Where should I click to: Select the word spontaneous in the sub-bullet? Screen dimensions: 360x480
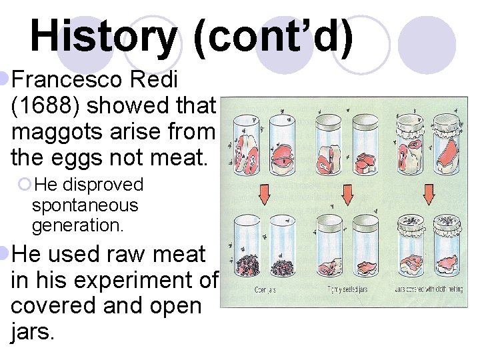pos(85,205)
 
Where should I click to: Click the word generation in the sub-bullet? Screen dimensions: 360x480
pos(77,225)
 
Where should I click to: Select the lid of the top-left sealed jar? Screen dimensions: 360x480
pos(327,121)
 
